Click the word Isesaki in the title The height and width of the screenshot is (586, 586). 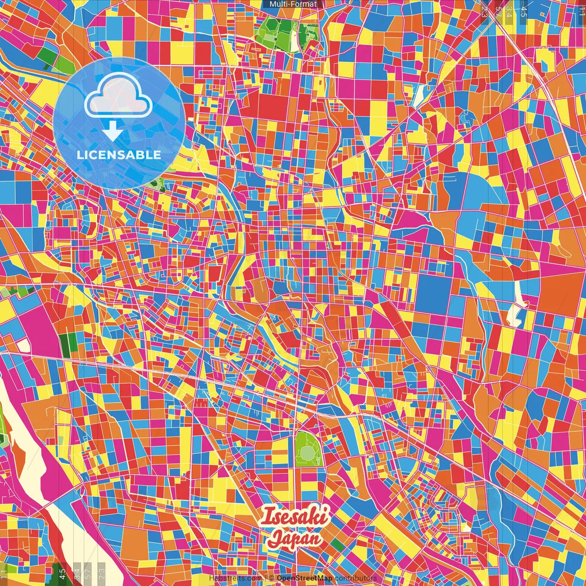pyautogui.click(x=294, y=516)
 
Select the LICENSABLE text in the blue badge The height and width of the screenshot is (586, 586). pyautogui.click(x=119, y=155)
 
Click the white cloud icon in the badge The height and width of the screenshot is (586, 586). pyautogui.click(x=118, y=97)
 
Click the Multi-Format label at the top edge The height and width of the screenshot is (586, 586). pyautogui.click(x=293, y=4)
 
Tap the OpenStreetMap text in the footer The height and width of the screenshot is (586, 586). pyautogui.click(x=304, y=578)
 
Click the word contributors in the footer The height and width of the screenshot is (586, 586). pyautogui.click(x=355, y=578)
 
